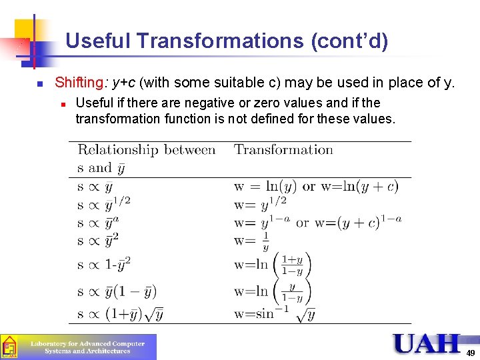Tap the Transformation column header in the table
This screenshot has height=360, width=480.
pos(283,149)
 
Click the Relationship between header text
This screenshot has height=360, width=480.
pos(147,149)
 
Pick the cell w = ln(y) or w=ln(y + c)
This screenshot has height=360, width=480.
pos(316,187)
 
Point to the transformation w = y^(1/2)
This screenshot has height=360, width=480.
pos(260,203)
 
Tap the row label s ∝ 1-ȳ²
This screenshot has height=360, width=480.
pos(104,264)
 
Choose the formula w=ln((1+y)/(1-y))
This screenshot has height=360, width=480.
pos(273,264)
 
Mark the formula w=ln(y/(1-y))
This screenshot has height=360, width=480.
pos(273,291)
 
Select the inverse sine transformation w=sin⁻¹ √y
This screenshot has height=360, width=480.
pos(275,313)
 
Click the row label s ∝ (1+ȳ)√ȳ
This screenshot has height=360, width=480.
pos(121,313)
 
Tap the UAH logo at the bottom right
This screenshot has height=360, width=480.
pos(427,343)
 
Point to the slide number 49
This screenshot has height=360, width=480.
pos(470,353)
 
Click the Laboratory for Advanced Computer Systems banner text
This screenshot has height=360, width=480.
pos(87,347)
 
